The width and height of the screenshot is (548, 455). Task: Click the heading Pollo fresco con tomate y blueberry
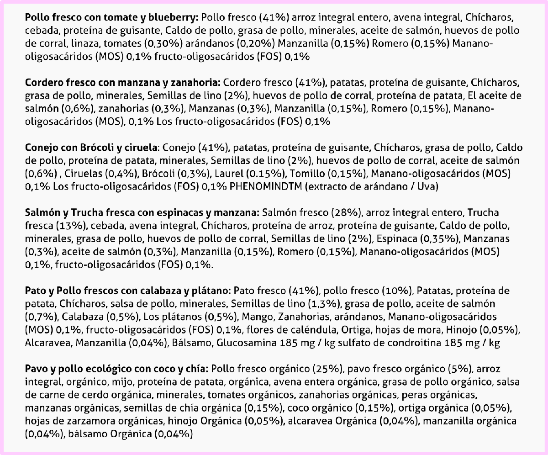pos(112,18)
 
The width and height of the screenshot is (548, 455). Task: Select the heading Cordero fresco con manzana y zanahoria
pos(123,83)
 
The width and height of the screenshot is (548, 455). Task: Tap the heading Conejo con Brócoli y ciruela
pos(91,148)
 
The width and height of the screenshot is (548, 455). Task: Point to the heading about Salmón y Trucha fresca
pos(142,213)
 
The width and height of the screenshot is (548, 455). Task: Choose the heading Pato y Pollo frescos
pos(129,291)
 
